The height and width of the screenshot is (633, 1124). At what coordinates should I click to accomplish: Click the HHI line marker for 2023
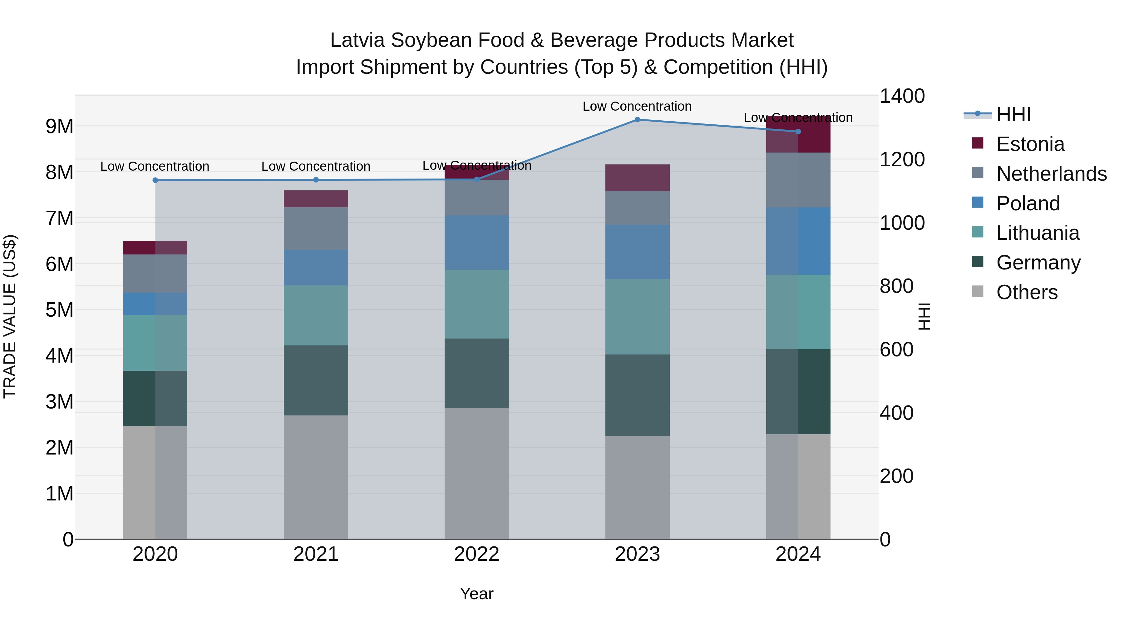(637, 120)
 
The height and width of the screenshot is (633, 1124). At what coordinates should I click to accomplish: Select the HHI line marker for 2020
(155, 180)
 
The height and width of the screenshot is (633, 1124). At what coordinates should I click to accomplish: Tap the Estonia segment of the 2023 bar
(637, 178)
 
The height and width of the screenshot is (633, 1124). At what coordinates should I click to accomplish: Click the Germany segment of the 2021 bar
(316, 380)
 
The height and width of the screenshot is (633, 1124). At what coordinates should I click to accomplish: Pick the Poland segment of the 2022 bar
(476, 243)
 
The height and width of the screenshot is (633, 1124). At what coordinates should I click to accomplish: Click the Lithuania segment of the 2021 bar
(316, 315)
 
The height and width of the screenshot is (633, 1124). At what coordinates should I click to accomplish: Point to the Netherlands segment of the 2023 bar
(637, 208)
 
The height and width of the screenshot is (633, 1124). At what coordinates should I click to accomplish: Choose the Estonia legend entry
(1030, 144)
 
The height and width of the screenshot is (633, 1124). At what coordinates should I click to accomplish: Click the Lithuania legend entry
(1038, 233)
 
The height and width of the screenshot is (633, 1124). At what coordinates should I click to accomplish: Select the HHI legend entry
(1013, 114)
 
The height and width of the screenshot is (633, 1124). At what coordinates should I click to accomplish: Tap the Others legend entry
(1027, 292)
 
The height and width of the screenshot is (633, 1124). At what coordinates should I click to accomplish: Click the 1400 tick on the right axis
(901, 96)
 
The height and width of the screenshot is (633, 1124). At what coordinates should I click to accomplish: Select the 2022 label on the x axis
(476, 554)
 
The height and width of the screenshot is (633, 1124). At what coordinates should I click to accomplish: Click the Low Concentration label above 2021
(316, 166)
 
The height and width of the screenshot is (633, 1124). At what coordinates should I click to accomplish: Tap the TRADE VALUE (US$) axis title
(10, 316)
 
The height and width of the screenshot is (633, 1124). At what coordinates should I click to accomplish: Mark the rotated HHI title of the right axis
(924, 316)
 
